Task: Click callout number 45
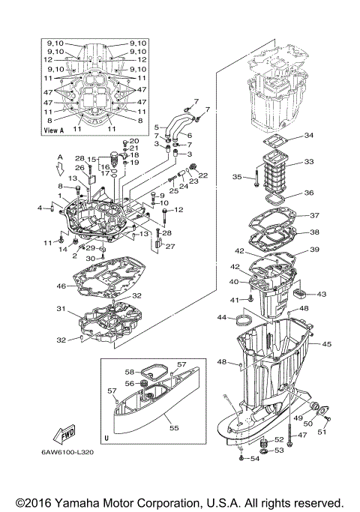326,344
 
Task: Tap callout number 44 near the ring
221,318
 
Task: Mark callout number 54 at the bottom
255,459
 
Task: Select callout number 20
135,141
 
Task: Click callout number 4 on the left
40,207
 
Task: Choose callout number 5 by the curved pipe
157,127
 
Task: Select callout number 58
129,371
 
